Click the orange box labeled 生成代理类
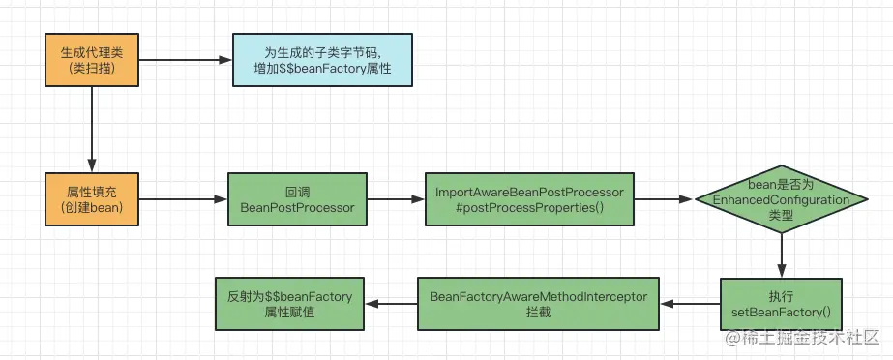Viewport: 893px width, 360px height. tap(91, 60)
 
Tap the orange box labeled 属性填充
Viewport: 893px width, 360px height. tap(91, 200)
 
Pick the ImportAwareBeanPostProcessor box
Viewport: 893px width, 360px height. tap(530, 200)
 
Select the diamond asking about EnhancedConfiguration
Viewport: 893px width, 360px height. tap(781, 200)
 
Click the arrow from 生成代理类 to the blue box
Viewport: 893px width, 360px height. tap(185, 60)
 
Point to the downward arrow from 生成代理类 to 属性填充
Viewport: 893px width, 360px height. tap(91, 130)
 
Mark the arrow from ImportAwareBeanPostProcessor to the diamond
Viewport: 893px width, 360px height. tap(666, 200)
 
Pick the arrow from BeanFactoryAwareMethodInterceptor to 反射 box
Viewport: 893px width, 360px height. tap(391, 305)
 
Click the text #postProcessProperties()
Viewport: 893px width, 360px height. tap(530, 209)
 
